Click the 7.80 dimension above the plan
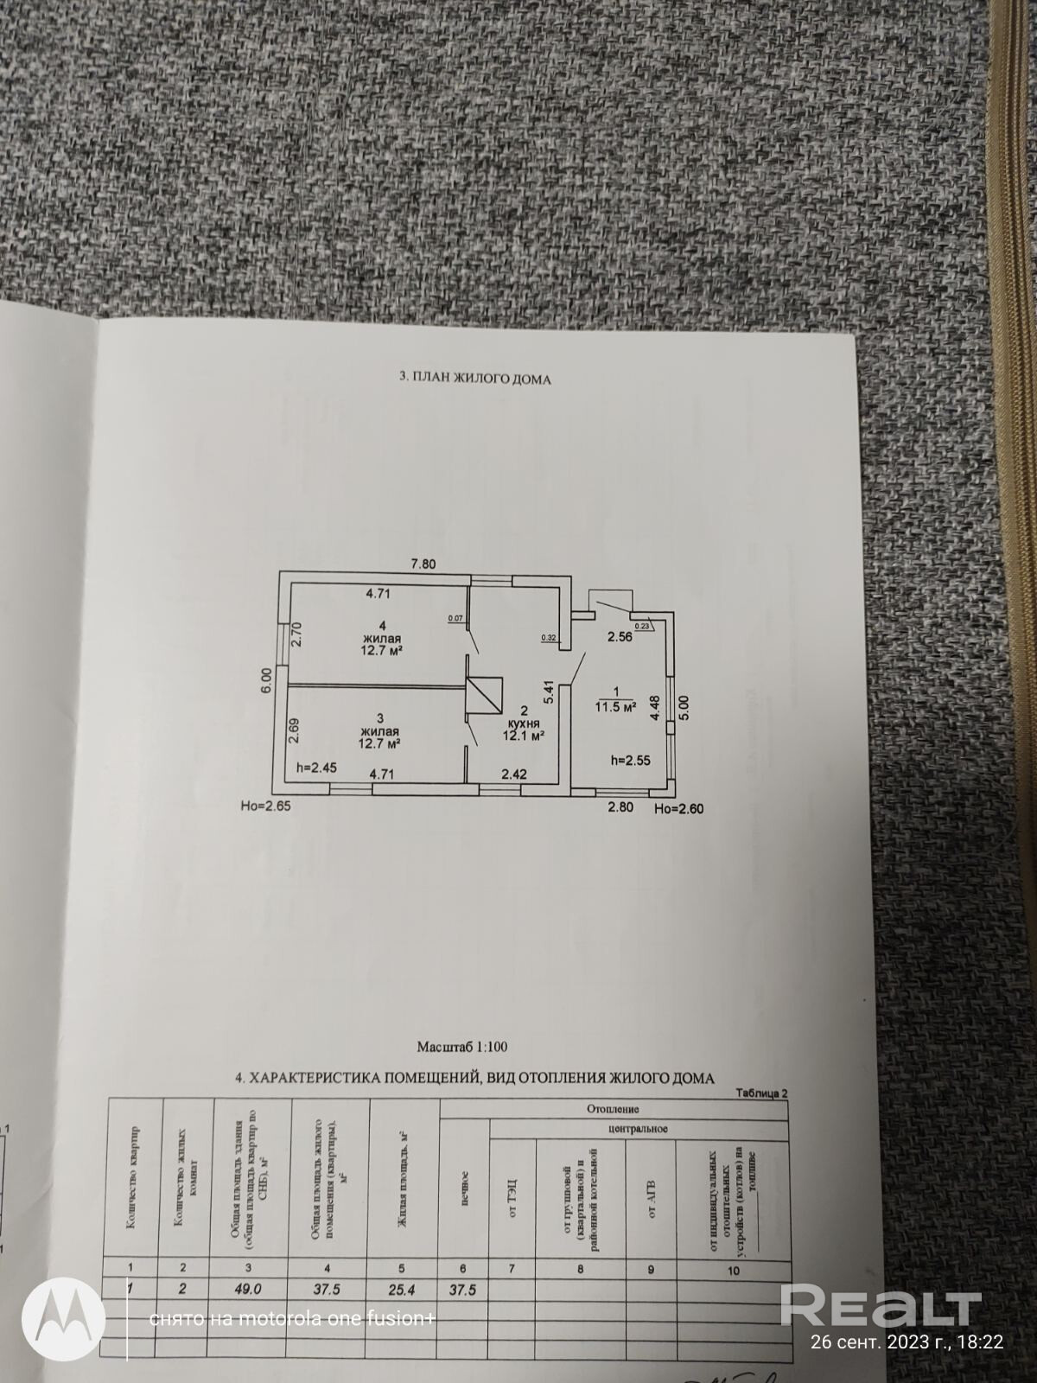(x=423, y=564)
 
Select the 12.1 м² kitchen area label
(x=523, y=736)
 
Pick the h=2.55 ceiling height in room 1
(x=630, y=761)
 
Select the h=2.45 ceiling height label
(x=316, y=767)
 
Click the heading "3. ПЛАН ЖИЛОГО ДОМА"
(x=474, y=379)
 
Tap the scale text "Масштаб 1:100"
(x=462, y=1047)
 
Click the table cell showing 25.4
(x=404, y=1287)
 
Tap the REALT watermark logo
(x=881, y=1305)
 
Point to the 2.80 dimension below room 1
(x=620, y=807)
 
